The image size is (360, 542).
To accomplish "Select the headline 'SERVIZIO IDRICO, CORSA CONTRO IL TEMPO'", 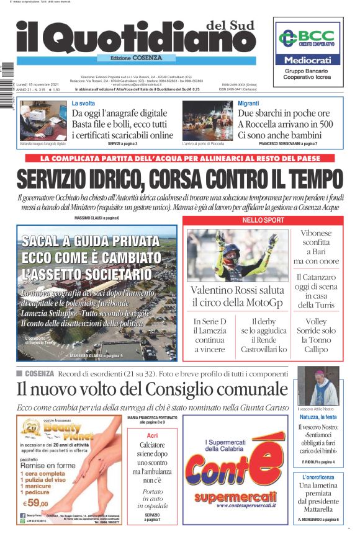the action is click(179, 179).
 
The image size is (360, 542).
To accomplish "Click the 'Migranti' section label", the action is click(248, 104).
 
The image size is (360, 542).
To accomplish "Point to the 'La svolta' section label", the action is click(84, 104).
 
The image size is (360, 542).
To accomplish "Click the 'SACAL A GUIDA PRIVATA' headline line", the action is click(90, 241).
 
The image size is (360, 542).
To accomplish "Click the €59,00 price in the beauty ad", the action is click(35, 503).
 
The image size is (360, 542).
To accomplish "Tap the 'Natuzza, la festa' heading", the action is click(318, 417).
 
